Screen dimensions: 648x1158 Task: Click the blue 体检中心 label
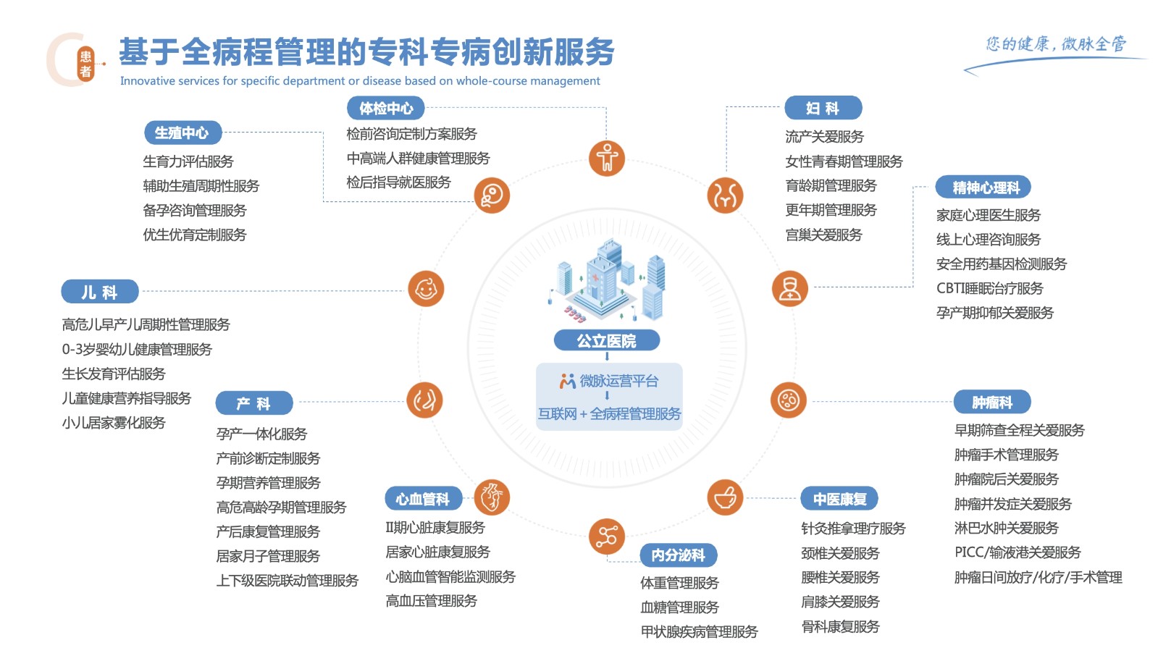[x=385, y=109]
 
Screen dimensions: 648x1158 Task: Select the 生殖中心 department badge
[x=182, y=133]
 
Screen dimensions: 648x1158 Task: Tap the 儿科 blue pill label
[x=100, y=293]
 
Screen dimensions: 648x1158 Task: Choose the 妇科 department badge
[x=823, y=109]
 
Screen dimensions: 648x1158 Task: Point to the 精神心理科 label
[x=983, y=188]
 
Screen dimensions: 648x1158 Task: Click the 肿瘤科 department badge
[x=991, y=403]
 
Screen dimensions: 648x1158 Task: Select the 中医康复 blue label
[x=839, y=499]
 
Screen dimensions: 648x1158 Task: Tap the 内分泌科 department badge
[x=678, y=555]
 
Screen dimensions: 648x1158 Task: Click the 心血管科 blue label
[x=423, y=499]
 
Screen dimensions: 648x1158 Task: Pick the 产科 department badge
[x=254, y=403]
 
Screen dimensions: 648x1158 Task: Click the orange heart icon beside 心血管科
[x=492, y=497]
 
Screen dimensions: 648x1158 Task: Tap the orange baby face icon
[x=426, y=289]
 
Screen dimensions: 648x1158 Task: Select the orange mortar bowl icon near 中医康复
[x=725, y=497]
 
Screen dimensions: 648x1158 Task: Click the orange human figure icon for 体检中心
[x=607, y=159]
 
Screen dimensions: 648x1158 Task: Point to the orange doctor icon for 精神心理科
[x=789, y=289]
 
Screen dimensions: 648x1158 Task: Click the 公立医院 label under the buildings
[x=606, y=340]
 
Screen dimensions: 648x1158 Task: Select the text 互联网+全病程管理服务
[x=609, y=414]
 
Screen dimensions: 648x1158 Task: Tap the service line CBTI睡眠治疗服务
[x=989, y=289]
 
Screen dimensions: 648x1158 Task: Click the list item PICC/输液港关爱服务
[x=1018, y=552]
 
